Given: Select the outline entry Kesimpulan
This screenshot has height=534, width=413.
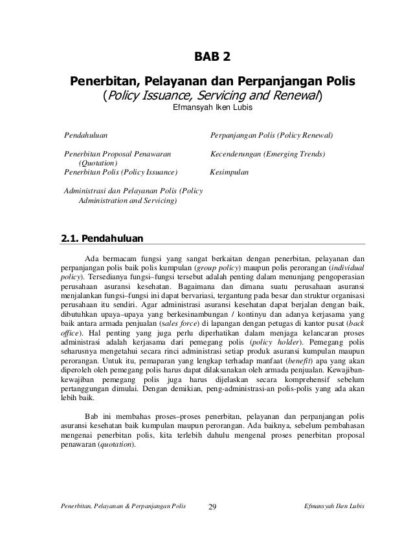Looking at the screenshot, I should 231,173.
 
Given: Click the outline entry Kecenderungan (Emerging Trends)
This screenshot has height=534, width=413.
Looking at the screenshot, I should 268,155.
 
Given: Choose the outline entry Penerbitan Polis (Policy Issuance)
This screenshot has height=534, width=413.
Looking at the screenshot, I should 120,173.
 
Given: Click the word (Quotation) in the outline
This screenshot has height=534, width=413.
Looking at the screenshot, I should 93,164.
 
